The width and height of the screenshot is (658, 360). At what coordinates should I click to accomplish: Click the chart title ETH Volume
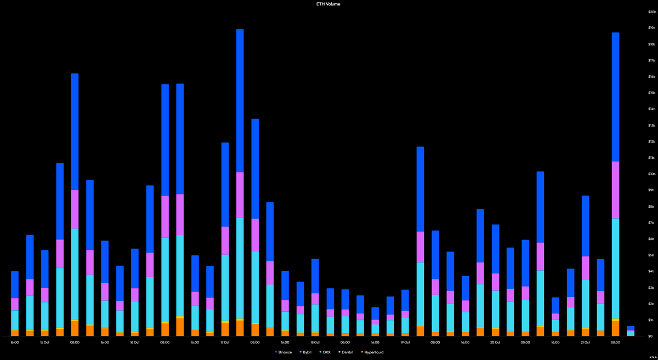[329, 4]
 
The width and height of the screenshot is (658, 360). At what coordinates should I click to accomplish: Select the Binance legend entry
[283, 352]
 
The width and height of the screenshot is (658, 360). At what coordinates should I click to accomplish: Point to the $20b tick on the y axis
[652, 12]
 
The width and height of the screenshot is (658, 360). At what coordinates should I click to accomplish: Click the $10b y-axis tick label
[652, 174]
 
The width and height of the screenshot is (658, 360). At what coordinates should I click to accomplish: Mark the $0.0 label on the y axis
[652, 336]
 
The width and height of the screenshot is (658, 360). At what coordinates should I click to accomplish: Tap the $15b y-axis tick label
[652, 93]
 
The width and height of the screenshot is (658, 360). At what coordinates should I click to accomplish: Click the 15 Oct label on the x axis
[45, 342]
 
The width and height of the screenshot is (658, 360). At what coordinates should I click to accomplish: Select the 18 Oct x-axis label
[315, 342]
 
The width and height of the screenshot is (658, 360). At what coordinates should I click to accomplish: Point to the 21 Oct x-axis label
[585, 342]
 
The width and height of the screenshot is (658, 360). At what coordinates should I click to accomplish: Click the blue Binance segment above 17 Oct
[225, 184]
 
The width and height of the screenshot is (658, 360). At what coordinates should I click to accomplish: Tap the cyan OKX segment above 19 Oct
[405, 325]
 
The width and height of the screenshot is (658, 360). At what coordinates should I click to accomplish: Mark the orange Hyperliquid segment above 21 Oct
[586, 332]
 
